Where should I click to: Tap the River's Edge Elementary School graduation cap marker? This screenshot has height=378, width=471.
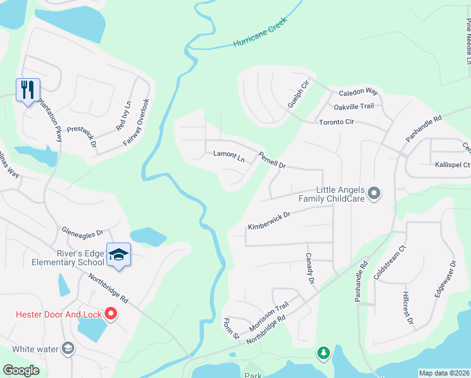click(x=118, y=254)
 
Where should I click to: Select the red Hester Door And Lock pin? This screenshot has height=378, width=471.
click(x=111, y=312)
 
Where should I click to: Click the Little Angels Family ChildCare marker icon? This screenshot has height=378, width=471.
click(x=374, y=193)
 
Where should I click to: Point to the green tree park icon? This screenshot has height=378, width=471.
click(x=324, y=353)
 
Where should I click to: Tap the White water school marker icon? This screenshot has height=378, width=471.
click(x=67, y=348)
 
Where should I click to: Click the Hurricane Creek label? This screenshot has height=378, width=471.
click(x=259, y=32)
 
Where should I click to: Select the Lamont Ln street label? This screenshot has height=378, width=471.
click(x=229, y=154)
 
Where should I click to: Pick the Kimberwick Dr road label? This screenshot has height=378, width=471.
click(x=268, y=220)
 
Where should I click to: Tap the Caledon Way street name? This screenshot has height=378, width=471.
click(x=358, y=92)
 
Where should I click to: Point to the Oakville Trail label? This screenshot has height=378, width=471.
click(x=354, y=106)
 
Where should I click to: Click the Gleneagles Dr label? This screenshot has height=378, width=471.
click(x=82, y=232)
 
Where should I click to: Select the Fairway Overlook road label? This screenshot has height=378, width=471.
click(x=137, y=122)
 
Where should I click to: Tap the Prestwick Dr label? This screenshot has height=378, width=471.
click(x=81, y=135)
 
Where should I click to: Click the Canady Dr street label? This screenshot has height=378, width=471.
click(x=309, y=269)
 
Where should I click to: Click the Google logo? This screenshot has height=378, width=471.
click(x=21, y=370)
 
